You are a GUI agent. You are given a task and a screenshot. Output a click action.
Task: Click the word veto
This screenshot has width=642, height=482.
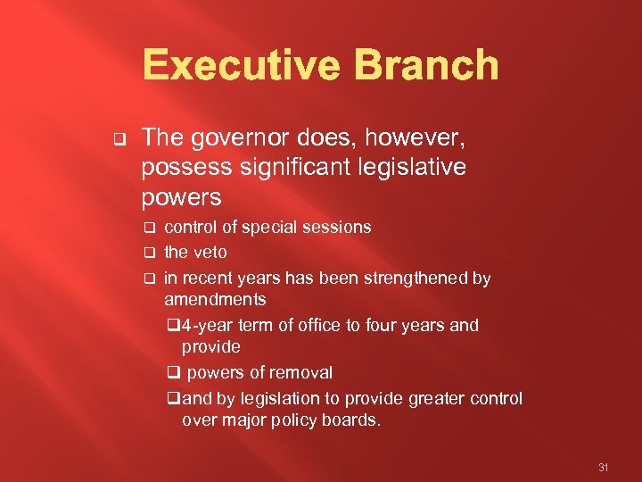click(210, 253)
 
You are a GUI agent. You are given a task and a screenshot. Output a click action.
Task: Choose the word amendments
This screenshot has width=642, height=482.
click(215, 299)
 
